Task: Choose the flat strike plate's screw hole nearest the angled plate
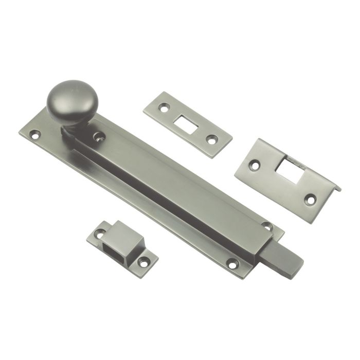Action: (211, 139)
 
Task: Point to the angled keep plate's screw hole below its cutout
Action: (310, 197)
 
